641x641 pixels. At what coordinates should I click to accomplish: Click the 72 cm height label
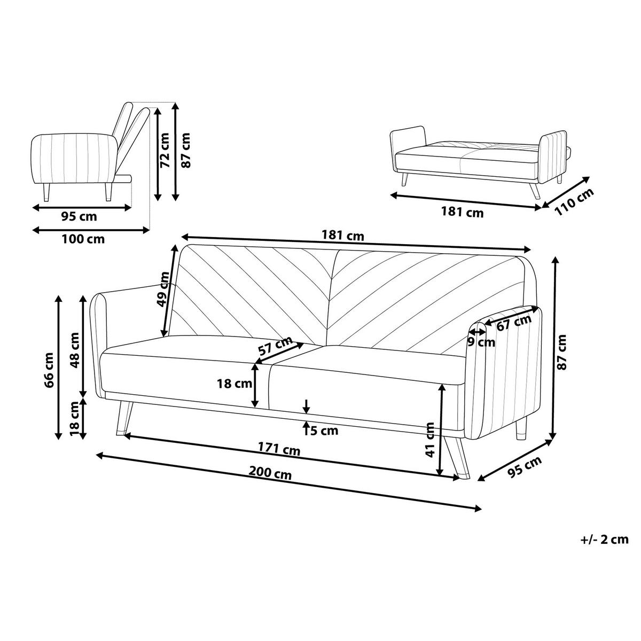[165, 150]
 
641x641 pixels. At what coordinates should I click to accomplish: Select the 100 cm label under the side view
[83, 239]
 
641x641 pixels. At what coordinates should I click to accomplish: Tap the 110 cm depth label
[574, 202]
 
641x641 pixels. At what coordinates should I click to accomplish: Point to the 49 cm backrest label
[163, 289]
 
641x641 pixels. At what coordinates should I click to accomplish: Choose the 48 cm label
[74, 350]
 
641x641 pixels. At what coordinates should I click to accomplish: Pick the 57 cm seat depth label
[275, 346]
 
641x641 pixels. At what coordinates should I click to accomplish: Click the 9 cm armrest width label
[481, 342]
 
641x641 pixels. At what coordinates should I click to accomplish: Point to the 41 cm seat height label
[430, 440]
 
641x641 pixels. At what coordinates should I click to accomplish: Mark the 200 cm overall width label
[270, 473]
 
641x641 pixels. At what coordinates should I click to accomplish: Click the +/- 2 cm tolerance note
[604, 539]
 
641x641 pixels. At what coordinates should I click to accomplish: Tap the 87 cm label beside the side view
[185, 150]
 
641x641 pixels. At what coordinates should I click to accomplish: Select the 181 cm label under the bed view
[462, 212]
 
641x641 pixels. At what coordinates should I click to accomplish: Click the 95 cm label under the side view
[79, 216]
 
